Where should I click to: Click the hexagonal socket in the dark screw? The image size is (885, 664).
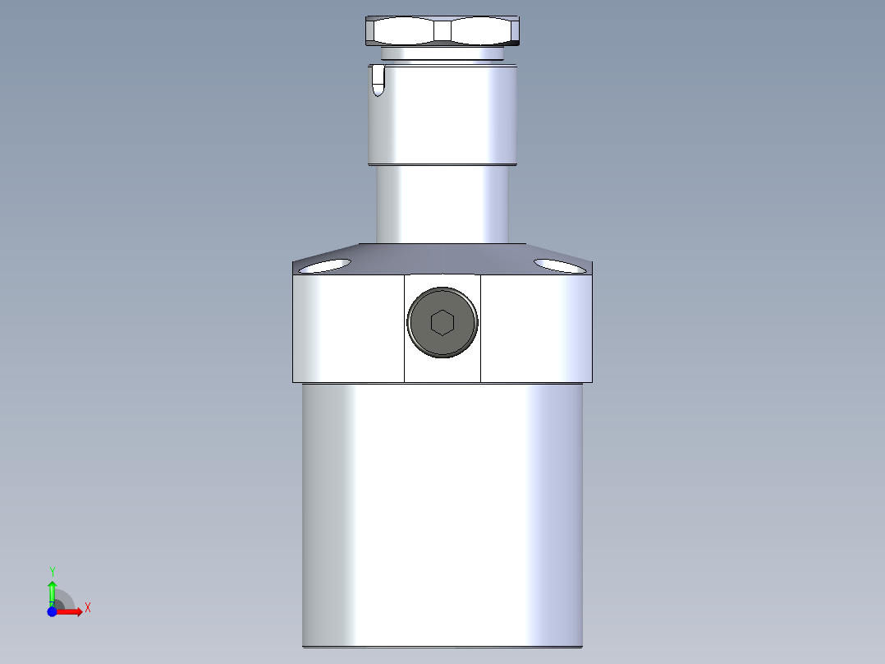point(442,323)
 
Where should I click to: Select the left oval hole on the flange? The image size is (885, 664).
point(325,265)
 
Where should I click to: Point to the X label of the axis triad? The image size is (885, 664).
point(88,608)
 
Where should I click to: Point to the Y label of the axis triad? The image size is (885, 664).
point(52,570)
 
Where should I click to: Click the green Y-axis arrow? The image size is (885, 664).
point(52,590)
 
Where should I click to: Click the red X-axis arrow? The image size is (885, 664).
point(70,611)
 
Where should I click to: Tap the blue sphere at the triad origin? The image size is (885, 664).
point(52,612)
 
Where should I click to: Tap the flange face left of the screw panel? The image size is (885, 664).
point(348,329)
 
